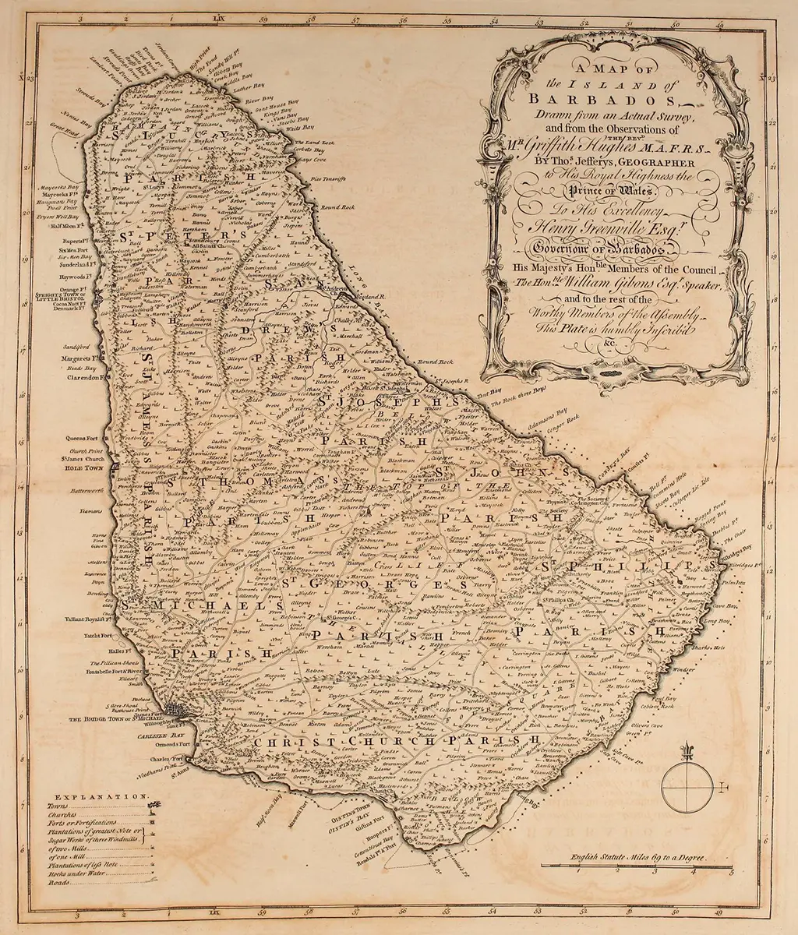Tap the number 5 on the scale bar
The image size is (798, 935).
coord(751,871)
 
